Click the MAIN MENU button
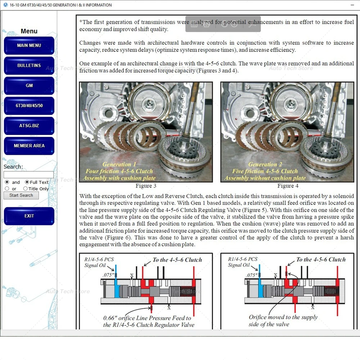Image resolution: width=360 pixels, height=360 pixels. pyautogui.click(x=29, y=45)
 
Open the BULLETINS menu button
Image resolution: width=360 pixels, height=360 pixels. pyautogui.click(x=29, y=66)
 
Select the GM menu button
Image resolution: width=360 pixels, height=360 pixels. pyautogui.click(x=29, y=85)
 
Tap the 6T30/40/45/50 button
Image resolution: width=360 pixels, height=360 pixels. pyautogui.click(x=29, y=105)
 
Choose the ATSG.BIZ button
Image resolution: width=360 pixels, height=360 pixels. pyautogui.click(x=29, y=126)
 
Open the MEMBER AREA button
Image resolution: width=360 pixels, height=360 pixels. pyautogui.click(x=29, y=146)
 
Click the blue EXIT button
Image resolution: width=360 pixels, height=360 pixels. pyautogui.click(x=29, y=216)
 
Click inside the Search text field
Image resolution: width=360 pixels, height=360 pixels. pyautogui.click(x=28, y=175)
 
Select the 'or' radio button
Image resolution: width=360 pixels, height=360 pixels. pyautogui.click(x=7, y=189)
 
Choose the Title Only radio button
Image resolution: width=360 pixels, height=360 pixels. pyautogui.click(x=25, y=189)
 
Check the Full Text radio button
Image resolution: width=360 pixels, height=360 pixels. pyautogui.click(x=27, y=182)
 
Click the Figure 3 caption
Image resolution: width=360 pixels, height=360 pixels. pyautogui.click(x=146, y=186)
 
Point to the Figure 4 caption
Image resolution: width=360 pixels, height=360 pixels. pyautogui.click(x=288, y=186)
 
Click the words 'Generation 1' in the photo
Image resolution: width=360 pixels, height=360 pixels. pyautogui.click(x=119, y=165)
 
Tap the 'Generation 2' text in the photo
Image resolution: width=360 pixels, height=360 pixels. pyautogui.click(x=265, y=165)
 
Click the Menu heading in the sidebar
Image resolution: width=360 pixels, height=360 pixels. pyautogui.click(x=29, y=31)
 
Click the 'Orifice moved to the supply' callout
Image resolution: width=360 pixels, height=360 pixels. pyautogui.click(x=283, y=317)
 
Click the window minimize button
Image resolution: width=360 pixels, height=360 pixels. pyautogui.click(x=352, y=5)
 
